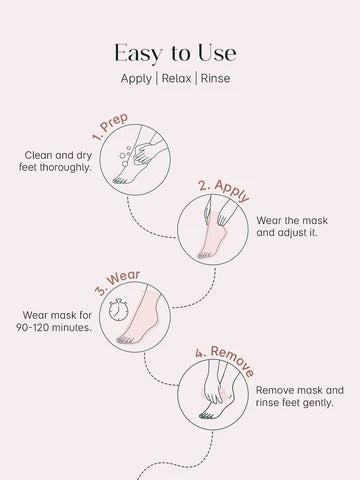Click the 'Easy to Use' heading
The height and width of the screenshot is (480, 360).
tap(180, 51)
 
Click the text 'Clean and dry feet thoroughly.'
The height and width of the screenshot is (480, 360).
tap(64, 162)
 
